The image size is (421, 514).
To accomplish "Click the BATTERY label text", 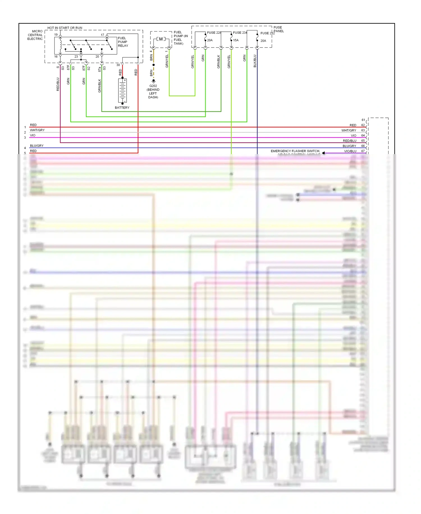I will [x=122, y=108].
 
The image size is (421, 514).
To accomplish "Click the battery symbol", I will [x=122, y=91].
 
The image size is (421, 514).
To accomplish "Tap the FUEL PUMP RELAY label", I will [x=123, y=42].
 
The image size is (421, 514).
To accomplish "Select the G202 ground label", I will [x=153, y=86].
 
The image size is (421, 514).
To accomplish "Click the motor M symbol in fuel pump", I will [x=161, y=39].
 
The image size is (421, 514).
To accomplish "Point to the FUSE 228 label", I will [x=214, y=33].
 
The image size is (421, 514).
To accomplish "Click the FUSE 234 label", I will [x=240, y=33].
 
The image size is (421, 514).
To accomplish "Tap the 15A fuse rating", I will [x=236, y=40].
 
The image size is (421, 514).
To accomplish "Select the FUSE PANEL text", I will [x=278, y=29].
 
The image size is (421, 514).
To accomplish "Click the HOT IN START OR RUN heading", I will [x=65, y=28].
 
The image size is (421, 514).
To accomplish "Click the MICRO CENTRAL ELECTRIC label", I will [x=35, y=35].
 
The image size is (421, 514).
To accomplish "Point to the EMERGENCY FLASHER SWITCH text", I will [x=295, y=151].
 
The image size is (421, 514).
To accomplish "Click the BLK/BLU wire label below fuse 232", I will [x=255, y=61].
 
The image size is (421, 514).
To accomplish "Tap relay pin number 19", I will [x=56, y=35].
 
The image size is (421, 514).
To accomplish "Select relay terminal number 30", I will [x=118, y=65].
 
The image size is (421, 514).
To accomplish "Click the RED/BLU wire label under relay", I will [x=58, y=84].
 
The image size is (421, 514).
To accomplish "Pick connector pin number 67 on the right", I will [x=363, y=151].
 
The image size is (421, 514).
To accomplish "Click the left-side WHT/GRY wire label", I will [x=37, y=130].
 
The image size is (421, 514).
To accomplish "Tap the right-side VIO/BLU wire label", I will [x=350, y=151].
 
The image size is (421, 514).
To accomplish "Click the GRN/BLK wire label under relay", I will [x=99, y=86].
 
